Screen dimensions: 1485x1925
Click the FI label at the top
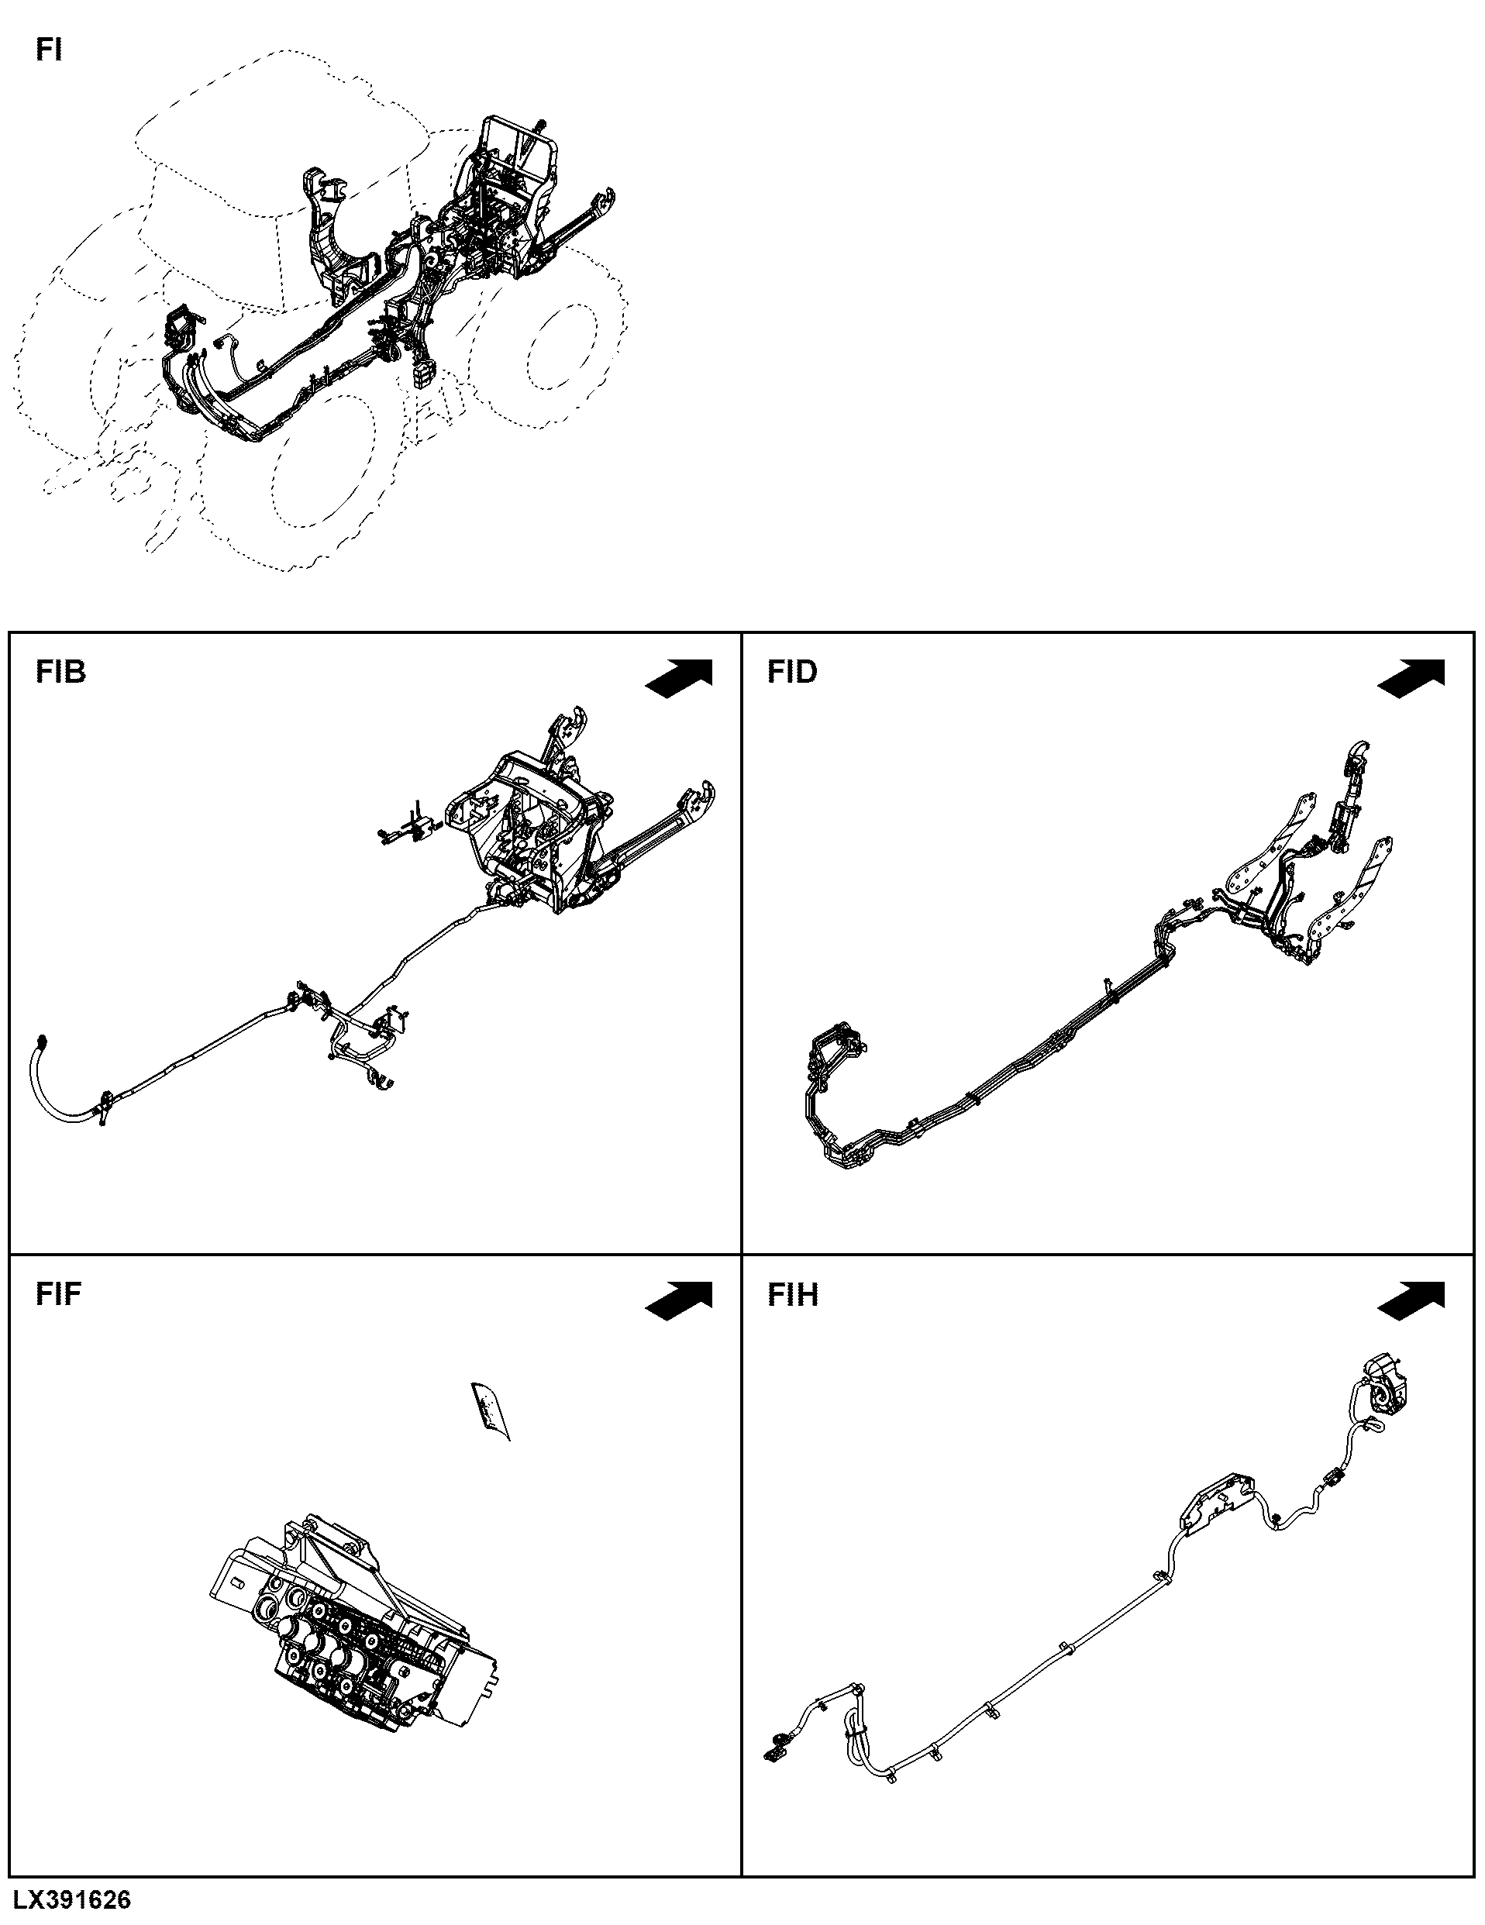tap(49, 50)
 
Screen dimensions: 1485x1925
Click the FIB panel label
tap(60, 673)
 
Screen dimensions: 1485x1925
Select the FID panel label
tap(792, 673)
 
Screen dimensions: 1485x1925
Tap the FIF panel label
tap(59, 1294)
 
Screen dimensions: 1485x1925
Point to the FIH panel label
tap(792, 1294)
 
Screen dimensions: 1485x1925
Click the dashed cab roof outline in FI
tap(282, 133)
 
